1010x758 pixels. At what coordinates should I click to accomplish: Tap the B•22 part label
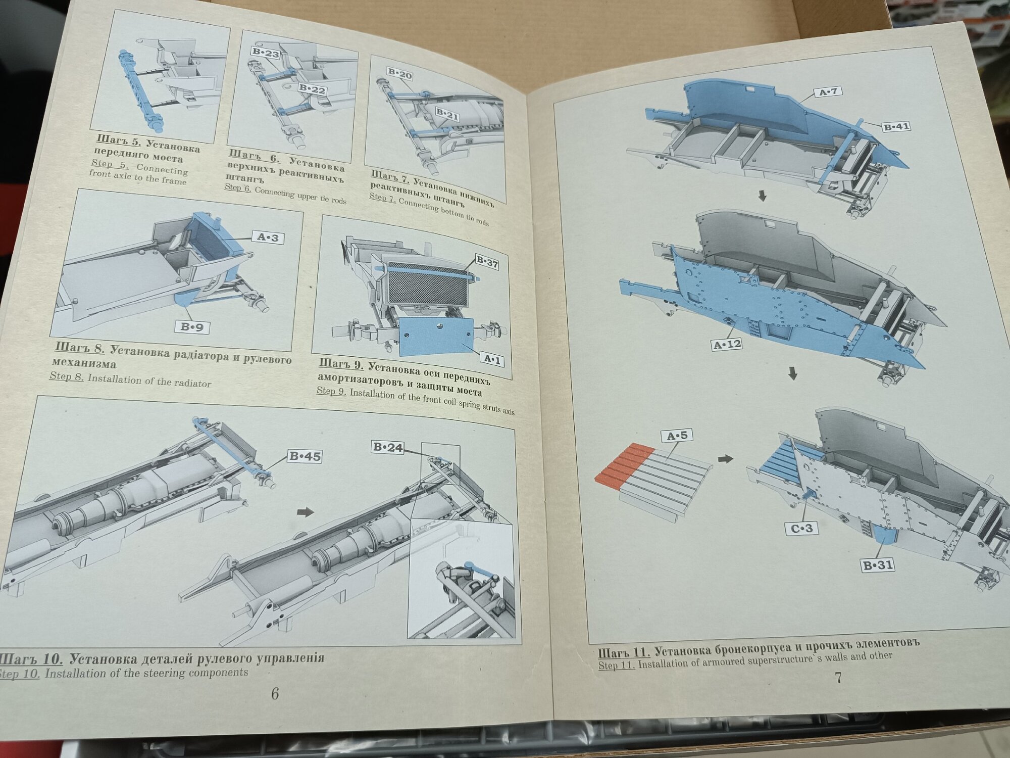coord(312,90)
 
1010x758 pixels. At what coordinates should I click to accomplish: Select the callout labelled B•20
coord(400,75)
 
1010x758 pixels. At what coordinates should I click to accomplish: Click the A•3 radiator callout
coord(268,238)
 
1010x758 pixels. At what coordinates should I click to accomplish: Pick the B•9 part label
coord(192,327)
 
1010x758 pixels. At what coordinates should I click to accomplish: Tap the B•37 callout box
coord(486,262)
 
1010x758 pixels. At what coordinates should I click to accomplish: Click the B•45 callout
coord(305,457)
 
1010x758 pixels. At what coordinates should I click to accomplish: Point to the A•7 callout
coord(827,92)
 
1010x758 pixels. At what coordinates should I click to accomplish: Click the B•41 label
coord(896,127)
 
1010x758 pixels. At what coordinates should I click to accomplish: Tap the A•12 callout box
coord(727,345)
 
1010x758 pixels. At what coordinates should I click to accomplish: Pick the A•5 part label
coord(677,436)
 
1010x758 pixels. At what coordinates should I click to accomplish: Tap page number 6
coord(275,694)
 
